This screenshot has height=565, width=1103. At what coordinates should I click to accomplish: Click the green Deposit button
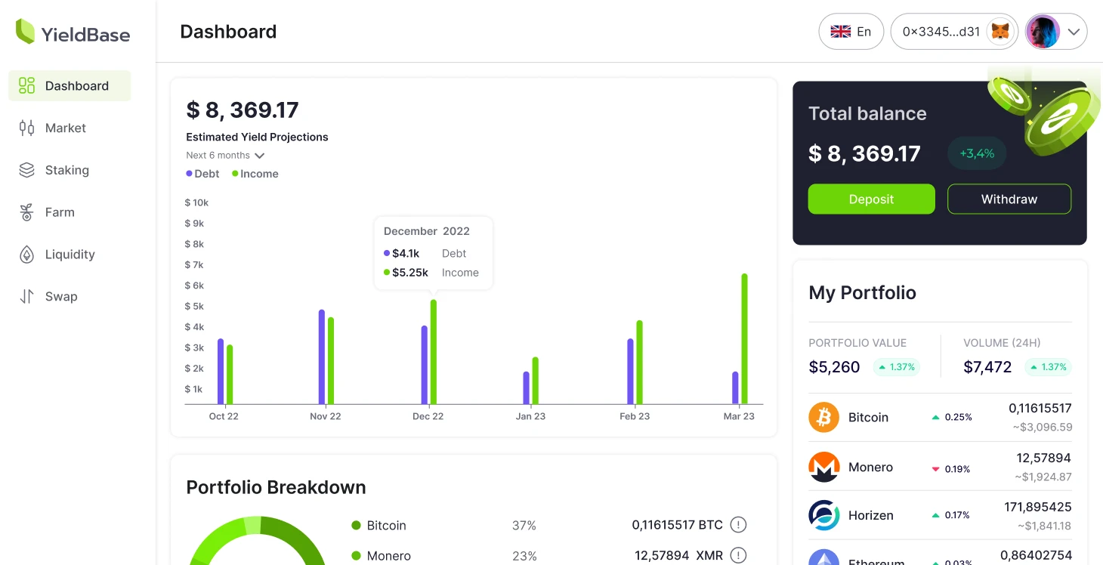pos(871,199)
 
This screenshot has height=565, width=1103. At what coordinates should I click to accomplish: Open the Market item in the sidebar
pos(66,128)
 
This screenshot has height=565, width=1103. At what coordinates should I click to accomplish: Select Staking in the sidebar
pos(66,171)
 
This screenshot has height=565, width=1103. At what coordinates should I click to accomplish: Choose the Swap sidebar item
pos(60,297)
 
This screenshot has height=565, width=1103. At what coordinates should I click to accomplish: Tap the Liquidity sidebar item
pos(70,255)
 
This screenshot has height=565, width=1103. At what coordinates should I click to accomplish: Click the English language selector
pos(851,32)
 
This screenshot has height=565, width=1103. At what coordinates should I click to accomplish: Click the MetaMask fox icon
pos(1000,32)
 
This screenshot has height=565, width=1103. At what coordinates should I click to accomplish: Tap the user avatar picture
pos(1043,32)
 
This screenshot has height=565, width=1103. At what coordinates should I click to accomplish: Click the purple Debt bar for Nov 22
pos(322,357)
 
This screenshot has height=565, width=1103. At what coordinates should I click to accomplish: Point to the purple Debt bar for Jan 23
pos(527,387)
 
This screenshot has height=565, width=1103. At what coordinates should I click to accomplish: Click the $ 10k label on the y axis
pos(196,202)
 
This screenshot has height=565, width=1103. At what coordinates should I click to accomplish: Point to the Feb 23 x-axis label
pos(635,416)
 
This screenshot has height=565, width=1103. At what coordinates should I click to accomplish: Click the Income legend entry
pos(255,174)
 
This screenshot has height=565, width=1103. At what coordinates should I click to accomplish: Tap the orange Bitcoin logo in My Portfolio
pos(823,417)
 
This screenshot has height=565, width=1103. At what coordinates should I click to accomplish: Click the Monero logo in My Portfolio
pos(823,467)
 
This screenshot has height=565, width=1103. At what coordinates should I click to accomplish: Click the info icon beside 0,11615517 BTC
pos(738,525)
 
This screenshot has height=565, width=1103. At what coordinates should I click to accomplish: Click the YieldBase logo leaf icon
pos(26,32)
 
